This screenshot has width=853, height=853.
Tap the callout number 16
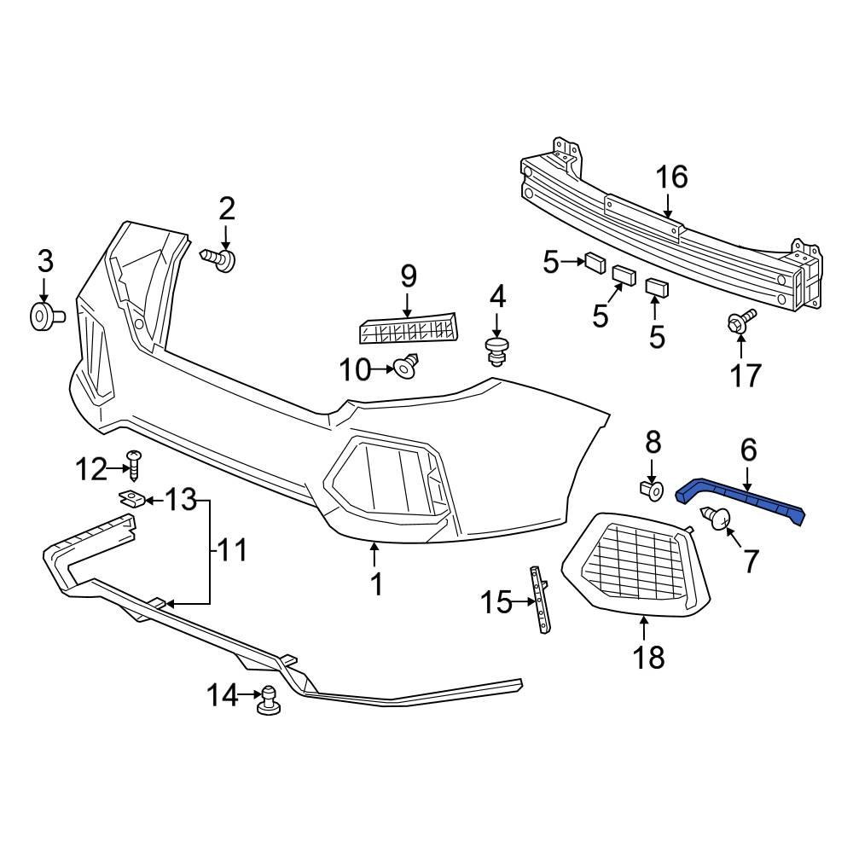click(x=671, y=177)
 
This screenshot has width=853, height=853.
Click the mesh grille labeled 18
click(x=635, y=564)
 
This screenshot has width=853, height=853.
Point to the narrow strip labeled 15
click(x=539, y=601)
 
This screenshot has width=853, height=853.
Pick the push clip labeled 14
click(x=270, y=699)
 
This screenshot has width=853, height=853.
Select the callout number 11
click(x=229, y=551)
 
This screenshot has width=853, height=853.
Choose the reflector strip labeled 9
click(x=408, y=329)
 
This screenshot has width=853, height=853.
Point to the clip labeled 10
click(x=405, y=368)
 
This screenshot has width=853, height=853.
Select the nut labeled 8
click(x=651, y=490)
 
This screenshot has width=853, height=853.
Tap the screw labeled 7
click(x=714, y=518)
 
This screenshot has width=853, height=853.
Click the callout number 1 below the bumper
click(x=374, y=584)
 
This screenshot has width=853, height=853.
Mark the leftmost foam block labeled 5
click(x=595, y=262)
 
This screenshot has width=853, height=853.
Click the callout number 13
click(x=180, y=498)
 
